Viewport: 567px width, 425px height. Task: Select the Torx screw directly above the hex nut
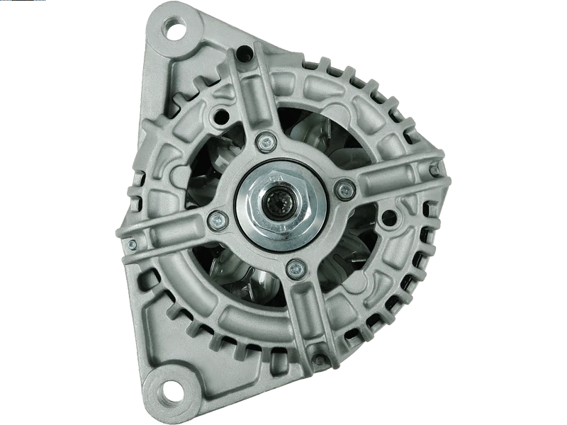click(x=265, y=141)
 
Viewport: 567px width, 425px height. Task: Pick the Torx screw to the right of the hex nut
click(x=346, y=188)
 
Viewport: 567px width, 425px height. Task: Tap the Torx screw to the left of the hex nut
click(x=213, y=220)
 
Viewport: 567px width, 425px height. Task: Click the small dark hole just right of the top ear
click(x=246, y=50)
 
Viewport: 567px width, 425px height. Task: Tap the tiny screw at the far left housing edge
click(x=131, y=244)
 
